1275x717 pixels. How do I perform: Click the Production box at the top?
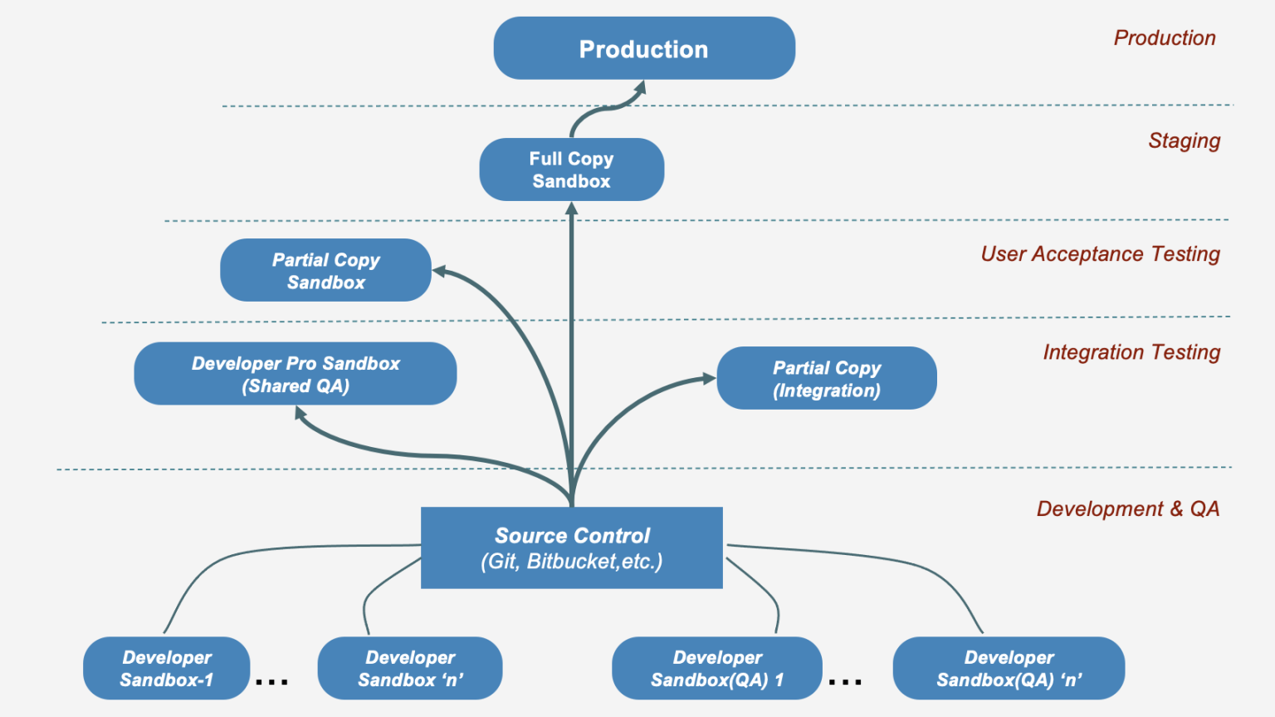(x=644, y=48)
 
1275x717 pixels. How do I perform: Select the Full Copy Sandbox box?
(x=571, y=169)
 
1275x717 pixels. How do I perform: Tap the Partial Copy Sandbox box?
(x=325, y=270)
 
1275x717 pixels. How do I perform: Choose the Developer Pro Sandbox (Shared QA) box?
(x=296, y=374)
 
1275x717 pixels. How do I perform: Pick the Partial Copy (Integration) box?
(x=827, y=378)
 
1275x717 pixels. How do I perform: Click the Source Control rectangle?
(x=571, y=548)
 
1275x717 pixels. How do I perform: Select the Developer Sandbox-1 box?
(x=166, y=668)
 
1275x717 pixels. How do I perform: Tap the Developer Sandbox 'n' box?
(x=410, y=668)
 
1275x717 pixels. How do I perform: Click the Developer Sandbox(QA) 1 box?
(x=717, y=668)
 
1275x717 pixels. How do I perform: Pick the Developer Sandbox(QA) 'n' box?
(x=1009, y=668)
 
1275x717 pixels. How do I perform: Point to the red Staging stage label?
(x=1184, y=140)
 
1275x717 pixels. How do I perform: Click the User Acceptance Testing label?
(x=1100, y=254)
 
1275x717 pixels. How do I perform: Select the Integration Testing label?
(x=1131, y=352)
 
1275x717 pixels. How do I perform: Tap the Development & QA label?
(x=1128, y=508)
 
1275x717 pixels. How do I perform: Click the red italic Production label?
(x=1165, y=37)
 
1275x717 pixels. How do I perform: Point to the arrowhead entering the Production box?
(x=640, y=89)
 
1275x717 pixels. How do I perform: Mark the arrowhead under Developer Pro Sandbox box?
(x=300, y=414)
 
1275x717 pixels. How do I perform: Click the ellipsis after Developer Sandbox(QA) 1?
(x=845, y=681)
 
